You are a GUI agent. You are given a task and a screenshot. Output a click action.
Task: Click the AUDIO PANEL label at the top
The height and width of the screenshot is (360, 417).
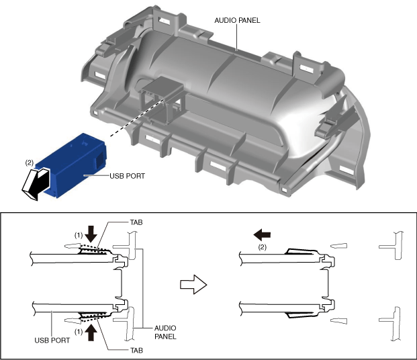point(236,20)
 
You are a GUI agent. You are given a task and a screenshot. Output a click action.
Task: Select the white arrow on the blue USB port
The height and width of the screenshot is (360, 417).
point(36,183)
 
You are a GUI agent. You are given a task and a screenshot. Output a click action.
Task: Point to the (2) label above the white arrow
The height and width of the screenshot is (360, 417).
point(29,163)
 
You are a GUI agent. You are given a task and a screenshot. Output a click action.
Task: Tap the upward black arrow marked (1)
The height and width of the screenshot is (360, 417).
point(92,331)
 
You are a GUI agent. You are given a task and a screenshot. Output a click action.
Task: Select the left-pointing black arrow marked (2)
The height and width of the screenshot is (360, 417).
point(262,234)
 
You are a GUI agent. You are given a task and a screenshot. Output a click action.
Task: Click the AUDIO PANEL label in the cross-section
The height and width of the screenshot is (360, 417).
point(165,332)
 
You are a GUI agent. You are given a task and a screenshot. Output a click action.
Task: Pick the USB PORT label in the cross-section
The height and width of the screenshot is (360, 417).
point(52,341)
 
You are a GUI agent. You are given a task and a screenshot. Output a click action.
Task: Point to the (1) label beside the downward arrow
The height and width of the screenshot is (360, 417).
point(78,235)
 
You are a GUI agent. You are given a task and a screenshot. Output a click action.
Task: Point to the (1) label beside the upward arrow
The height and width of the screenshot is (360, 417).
point(78,331)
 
